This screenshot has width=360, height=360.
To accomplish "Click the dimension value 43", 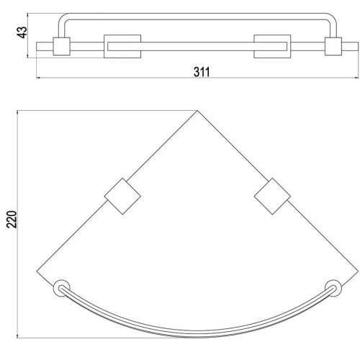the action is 22,32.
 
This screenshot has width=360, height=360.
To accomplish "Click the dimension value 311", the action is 202,72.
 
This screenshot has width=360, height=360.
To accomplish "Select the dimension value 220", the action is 12,219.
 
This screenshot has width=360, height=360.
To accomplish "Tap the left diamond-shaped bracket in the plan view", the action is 122,196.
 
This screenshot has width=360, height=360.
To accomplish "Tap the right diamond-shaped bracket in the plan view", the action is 272,196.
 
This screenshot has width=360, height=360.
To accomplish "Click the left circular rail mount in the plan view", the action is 61,288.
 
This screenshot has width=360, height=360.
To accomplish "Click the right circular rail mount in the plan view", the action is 333,288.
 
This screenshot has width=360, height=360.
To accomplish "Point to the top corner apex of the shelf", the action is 197,111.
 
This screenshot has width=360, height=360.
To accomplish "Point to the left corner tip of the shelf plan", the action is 37,271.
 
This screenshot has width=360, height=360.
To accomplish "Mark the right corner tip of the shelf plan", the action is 358,271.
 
